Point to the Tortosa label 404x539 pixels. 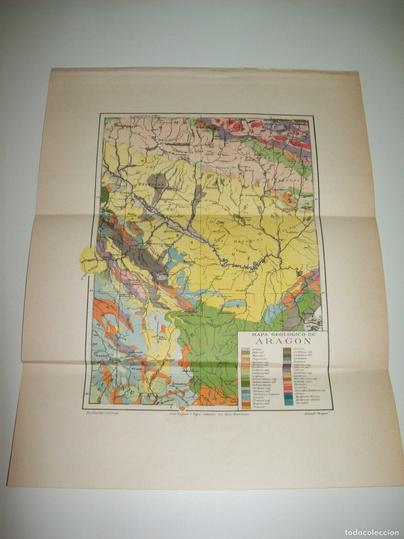click(308, 313)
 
